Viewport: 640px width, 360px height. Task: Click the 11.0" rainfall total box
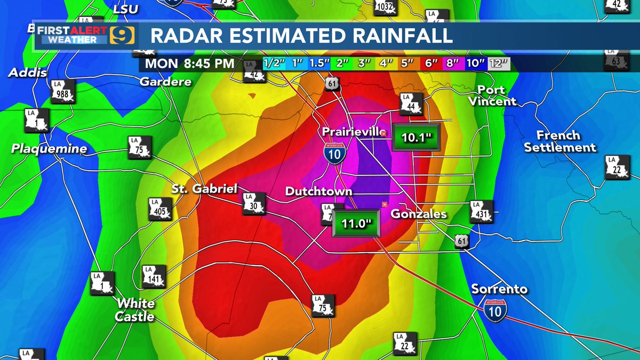pyautogui.click(x=356, y=223)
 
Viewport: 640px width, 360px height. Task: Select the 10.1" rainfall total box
pyautogui.click(x=416, y=138)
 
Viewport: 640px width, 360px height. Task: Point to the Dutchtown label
pyautogui.click(x=318, y=191)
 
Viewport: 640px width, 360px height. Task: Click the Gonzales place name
pyautogui.click(x=419, y=214)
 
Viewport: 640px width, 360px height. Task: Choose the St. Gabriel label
pyautogui.click(x=204, y=189)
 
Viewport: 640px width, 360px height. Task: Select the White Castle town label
pyautogui.click(x=136, y=310)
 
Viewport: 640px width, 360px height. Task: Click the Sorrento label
pyautogui.click(x=499, y=289)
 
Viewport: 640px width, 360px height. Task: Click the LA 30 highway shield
pyautogui.click(x=253, y=204)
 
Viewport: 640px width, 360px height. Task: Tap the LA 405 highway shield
pyautogui.click(x=161, y=209)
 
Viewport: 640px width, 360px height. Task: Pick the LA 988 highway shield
pyautogui.click(x=62, y=91)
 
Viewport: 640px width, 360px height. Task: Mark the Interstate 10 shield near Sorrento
pyautogui.click(x=495, y=309)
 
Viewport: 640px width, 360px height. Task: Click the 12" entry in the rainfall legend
pyautogui.click(x=499, y=63)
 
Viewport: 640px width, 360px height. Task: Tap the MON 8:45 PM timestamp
pyautogui.click(x=189, y=63)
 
